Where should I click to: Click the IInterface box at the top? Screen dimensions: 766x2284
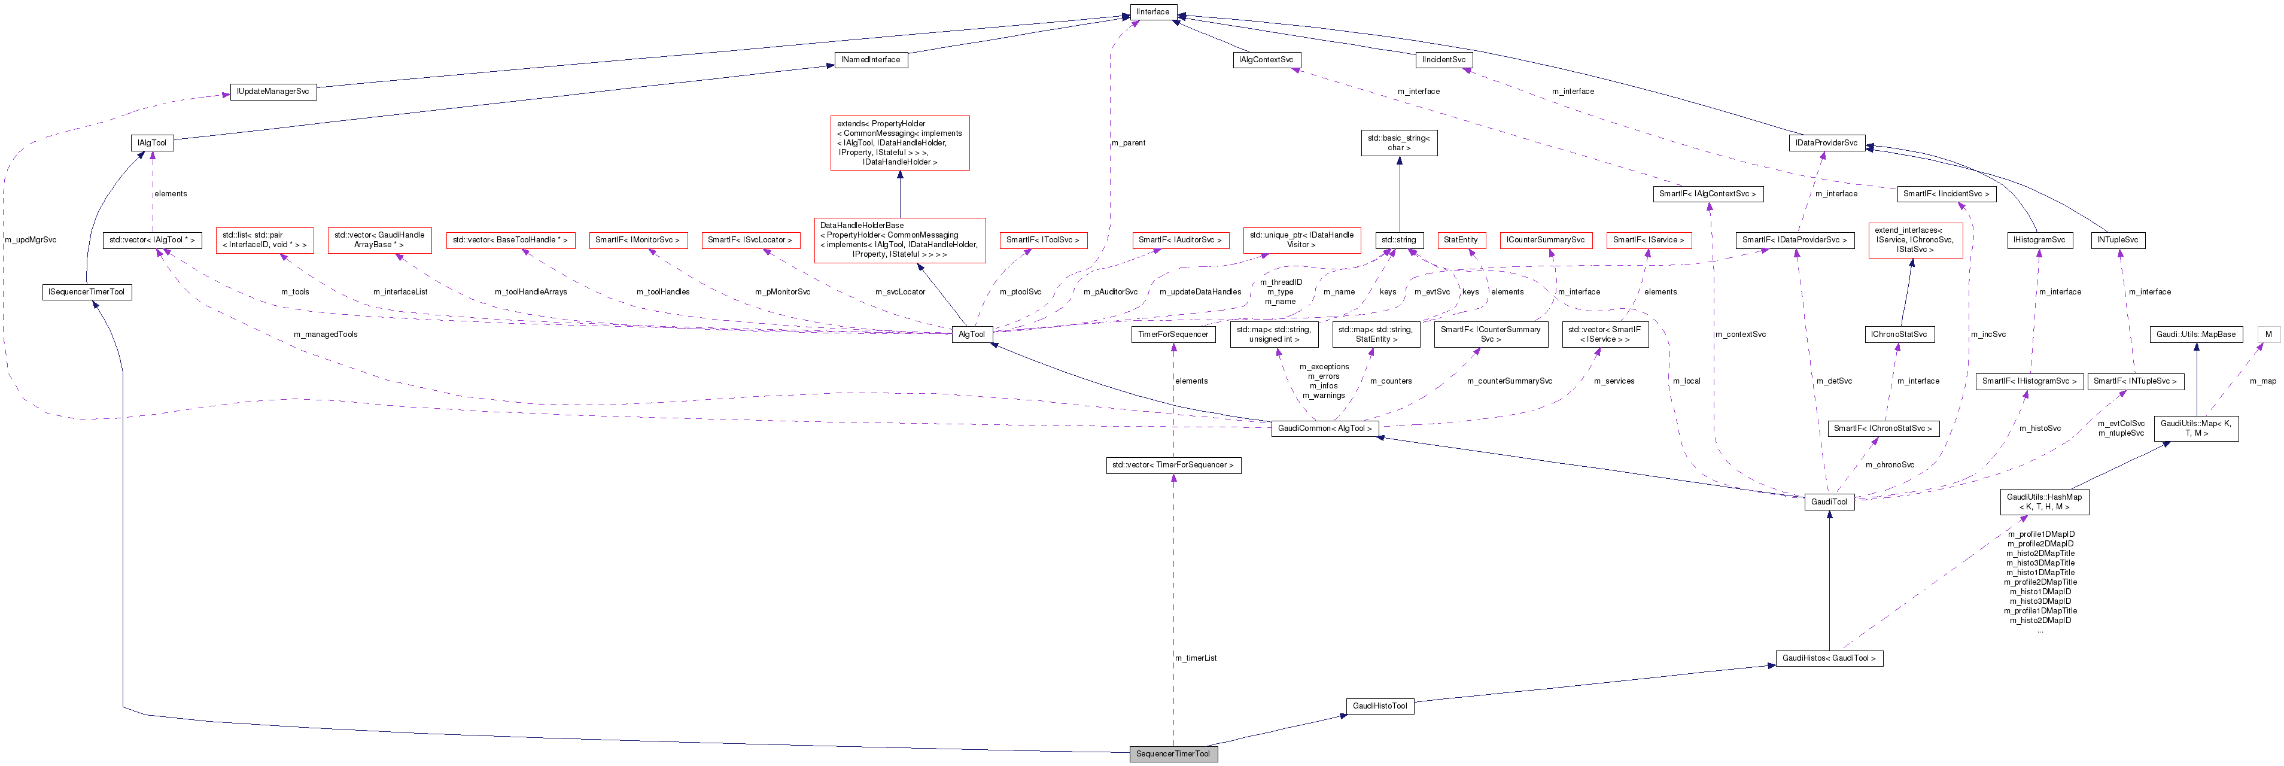point(1152,11)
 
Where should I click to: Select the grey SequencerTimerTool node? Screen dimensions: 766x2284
point(1172,753)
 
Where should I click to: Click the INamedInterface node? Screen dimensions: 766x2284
point(870,59)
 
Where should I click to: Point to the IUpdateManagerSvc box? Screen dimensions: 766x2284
point(273,92)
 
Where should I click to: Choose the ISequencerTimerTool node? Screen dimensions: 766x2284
point(87,291)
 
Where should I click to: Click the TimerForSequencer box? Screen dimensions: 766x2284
point(1173,335)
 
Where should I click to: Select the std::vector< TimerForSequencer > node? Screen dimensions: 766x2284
point(1173,464)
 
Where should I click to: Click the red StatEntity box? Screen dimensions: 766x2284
point(1460,239)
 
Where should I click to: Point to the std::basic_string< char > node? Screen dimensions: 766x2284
point(1398,143)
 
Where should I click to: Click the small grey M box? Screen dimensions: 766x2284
point(2268,335)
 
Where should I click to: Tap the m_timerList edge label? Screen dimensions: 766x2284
point(1195,658)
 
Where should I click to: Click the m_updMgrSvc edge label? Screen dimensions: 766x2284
point(30,239)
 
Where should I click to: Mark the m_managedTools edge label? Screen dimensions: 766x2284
point(326,335)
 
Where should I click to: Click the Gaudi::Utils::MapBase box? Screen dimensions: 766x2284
point(2195,335)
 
